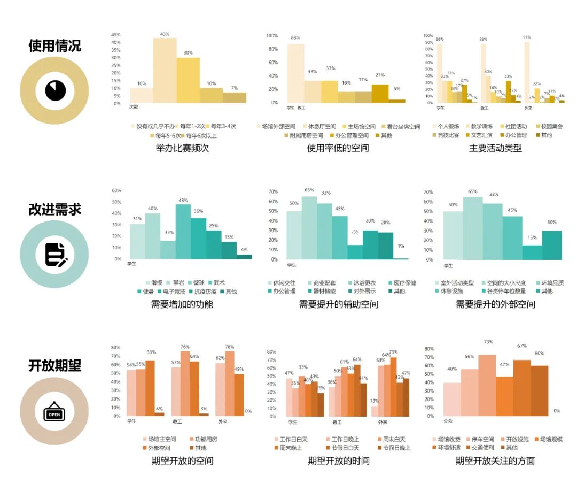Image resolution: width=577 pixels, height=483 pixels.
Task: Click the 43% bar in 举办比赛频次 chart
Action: pyautogui.click(x=165, y=70)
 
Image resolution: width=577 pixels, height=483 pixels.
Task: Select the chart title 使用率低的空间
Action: pyautogui.click(x=338, y=148)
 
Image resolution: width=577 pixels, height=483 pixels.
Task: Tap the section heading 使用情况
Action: pyautogui.click(x=54, y=46)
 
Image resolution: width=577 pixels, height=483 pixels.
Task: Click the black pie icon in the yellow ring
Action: pyautogui.click(x=54, y=90)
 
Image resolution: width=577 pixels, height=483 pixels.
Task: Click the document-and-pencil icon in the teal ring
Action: pyautogui.click(x=55, y=254)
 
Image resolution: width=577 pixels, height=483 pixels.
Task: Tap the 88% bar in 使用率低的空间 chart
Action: pyautogui.click(x=295, y=73)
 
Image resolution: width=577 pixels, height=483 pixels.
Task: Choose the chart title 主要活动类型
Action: pyautogui.click(x=495, y=148)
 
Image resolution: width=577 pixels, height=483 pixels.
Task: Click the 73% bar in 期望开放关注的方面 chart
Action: pyautogui.click(x=487, y=385)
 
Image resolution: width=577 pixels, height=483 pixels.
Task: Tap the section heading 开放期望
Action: pyautogui.click(x=54, y=366)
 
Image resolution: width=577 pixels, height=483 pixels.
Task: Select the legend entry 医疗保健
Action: pyautogui.click(x=404, y=282)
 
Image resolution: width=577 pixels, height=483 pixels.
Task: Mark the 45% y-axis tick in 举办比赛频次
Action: pyautogui.click(x=115, y=35)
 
